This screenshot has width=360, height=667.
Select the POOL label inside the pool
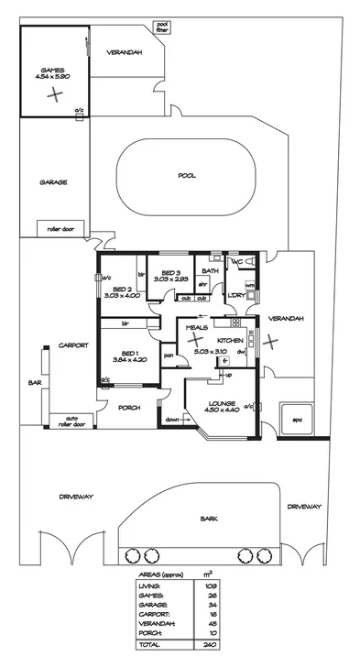point(187,175)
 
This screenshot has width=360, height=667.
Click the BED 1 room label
point(128,353)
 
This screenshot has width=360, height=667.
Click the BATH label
point(210,271)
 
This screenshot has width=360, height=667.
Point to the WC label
point(235,263)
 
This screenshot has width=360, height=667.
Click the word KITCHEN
point(229,340)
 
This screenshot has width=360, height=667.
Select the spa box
point(297,421)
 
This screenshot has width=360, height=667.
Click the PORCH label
point(129,408)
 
